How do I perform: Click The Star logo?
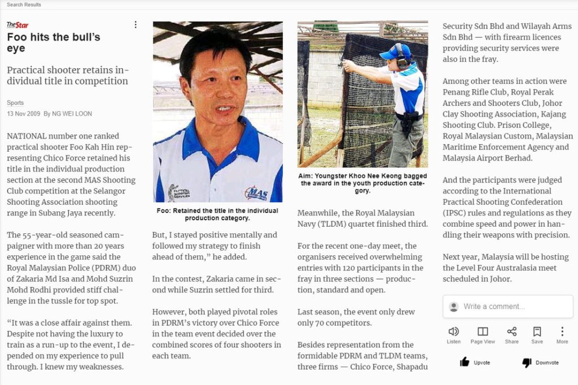(x=17, y=25)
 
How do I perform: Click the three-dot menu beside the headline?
(x=135, y=25)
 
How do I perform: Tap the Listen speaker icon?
(x=453, y=331)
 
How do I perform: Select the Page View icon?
(x=483, y=331)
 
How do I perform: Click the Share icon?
(x=512, y=331)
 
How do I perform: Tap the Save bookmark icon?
(x=537, y=331)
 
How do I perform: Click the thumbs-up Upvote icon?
(x=465, y=362)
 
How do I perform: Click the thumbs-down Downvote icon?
(x=527, y=362)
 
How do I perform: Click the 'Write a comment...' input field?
(x=514, y=307)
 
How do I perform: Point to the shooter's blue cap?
(x=389, y=52)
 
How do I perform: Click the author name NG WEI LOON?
(x=72, y=114)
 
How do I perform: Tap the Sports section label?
(x=15, y=103)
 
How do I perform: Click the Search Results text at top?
(x=24, y=5)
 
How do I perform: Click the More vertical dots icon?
(x=562, y=331)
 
